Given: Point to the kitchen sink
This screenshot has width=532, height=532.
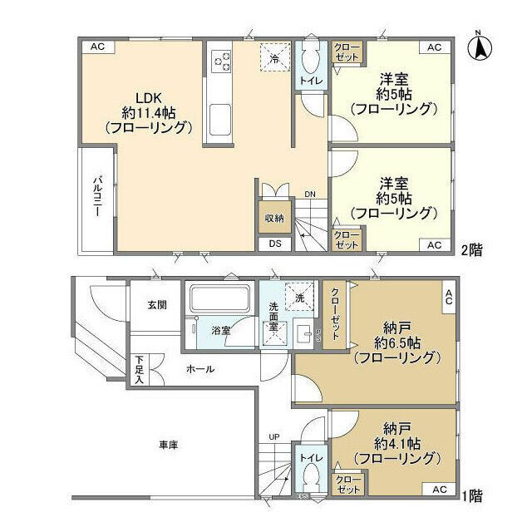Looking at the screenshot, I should coord(222,121).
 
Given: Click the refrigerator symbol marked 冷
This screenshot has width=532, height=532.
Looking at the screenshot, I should coord(275,57).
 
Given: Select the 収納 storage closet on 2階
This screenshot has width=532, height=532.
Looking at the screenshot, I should coord(274,218).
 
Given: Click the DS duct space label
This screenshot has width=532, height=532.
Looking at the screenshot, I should coord(274,244).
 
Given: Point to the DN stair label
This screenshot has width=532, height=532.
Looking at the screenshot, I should coord(309,195).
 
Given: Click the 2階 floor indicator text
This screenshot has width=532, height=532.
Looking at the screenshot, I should coord(472,247).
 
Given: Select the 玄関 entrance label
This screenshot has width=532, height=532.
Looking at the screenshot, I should coord(158,305).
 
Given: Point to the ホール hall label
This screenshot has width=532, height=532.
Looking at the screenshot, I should coord(199,369).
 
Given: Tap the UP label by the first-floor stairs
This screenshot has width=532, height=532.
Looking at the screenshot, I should coord(273,436).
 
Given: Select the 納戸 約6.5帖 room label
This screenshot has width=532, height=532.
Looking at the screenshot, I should coord(394,343).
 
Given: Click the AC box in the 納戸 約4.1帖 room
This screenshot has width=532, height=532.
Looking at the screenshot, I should coord(439,490).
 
